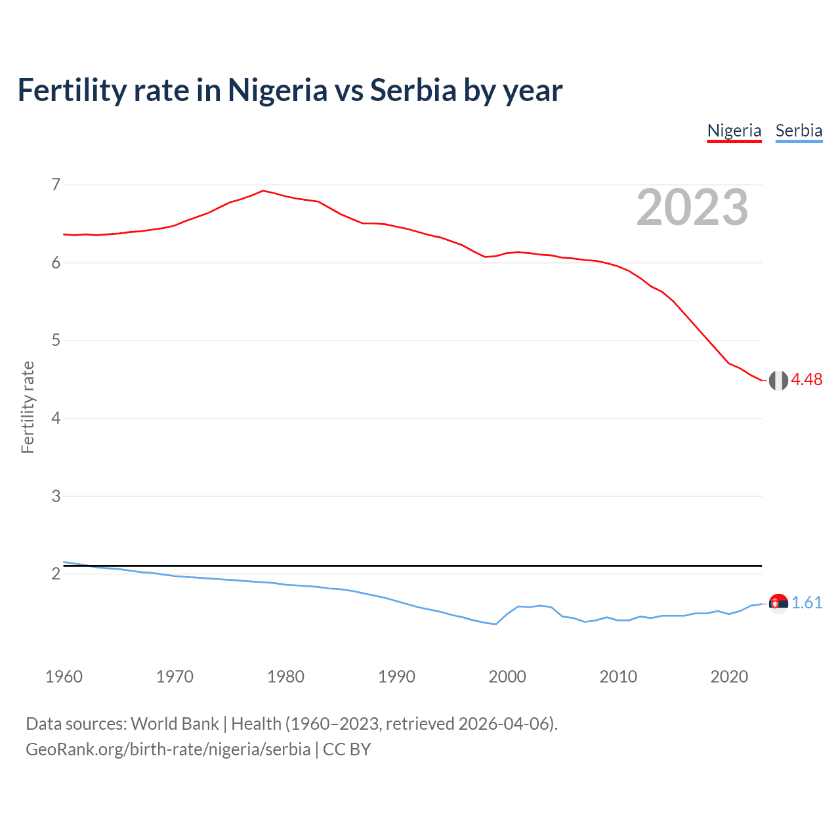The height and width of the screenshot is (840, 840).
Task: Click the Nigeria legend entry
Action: pyautogui.click(x=734, y=131)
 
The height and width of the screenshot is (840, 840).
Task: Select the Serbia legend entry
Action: pyautogui.click(x=799, y=131)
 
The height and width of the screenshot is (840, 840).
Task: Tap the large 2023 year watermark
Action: pyautogui.click(x=692, y=207)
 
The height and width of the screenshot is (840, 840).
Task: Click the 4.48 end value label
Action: pyautogui.click(x=807, y=380)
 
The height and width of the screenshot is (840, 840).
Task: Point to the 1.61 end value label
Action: pyautogui.click(x=807, y=603)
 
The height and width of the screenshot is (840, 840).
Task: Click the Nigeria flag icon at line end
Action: pyautogui.click(x=778, y=380)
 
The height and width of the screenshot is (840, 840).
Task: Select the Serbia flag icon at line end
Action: pyautogui.click(x=778, y=603)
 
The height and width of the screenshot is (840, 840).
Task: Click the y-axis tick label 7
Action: pyautogui.click(x=56, y=184)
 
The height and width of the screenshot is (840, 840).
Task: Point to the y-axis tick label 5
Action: pyautogui.click(x=56, y=341)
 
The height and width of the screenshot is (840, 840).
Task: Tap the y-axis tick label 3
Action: pyautogui.click(x=56, y=496)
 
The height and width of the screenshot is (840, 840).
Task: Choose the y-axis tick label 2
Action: pyautogui.click(x=56, y=574)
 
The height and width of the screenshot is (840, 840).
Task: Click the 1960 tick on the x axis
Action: pyautogui.click(x=64, y=677)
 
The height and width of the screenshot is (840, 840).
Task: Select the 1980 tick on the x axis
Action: pyautogui.click(x=285, y=677)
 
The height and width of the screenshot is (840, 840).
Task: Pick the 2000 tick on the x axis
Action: pyautogui.click(x=507, y=677)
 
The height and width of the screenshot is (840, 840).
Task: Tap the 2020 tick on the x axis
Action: pyautogui.click(x=729, y=677)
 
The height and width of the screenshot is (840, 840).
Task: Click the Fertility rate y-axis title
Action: pyautogui.click(x=28, y=407)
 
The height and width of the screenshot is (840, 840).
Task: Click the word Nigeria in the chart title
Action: pyautogui.click(x=277, y=91)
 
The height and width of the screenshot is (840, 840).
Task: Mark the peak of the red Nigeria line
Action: pyautogui.click(x=263, y=191)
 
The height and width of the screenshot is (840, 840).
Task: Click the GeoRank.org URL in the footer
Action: pyautogui.click(x=168, y=749)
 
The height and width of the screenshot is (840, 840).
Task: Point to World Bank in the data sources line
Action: pyautogui.click(x=175, y=724)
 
